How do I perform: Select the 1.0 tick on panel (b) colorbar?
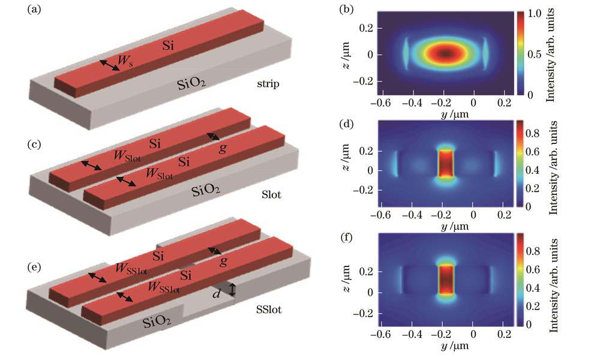coord(538,13)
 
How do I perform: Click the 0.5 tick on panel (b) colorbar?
coord(538,54)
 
